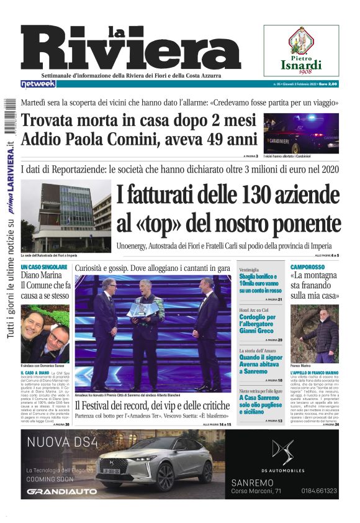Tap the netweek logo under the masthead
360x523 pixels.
coord(37,84)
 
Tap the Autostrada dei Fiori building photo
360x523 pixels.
coord(66,217)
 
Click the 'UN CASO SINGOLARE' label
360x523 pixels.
coord(43,267)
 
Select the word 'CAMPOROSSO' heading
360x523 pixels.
coord(310,267)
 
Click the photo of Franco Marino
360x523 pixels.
coord(315,333)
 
